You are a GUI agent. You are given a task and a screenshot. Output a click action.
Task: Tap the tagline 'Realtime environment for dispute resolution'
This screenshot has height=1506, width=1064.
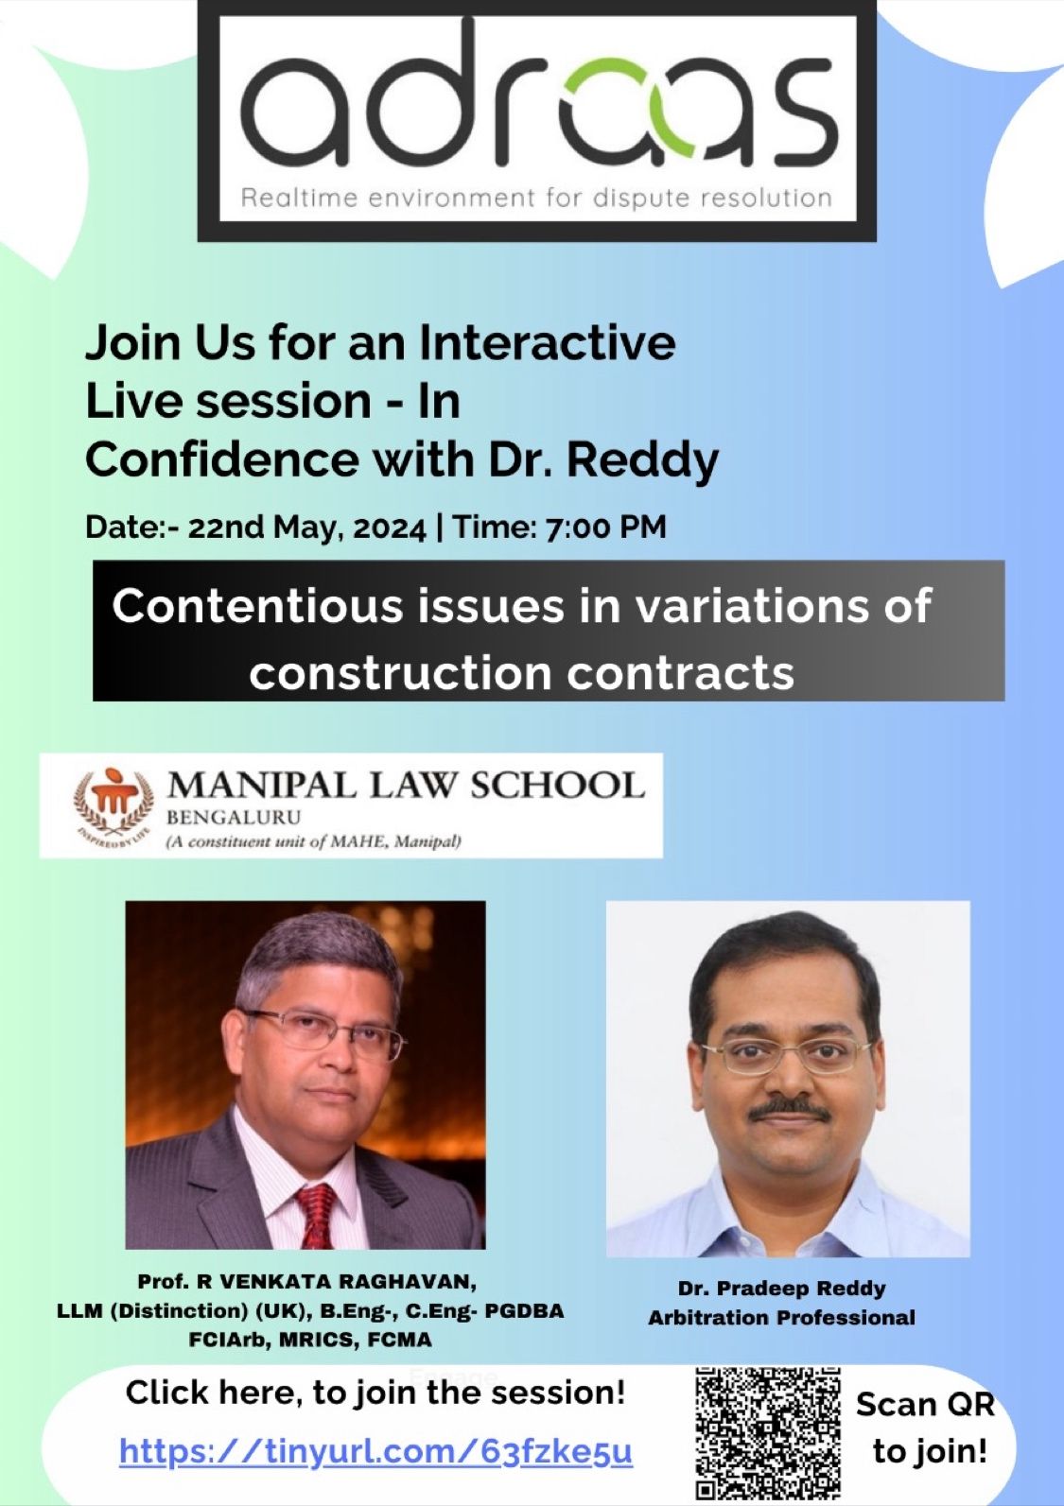point(536,199)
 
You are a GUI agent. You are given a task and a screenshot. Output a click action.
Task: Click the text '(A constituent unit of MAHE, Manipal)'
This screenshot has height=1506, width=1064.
point(313,841)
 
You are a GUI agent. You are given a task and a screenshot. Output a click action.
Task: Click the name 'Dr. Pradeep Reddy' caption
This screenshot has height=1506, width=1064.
point(781,1289)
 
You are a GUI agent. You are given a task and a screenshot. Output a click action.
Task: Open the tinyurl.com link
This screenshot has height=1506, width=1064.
point(376,1451)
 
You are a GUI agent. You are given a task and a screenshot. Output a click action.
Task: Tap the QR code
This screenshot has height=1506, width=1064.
point(768,1433)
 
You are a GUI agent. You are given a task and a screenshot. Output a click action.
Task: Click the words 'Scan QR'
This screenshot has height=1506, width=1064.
point(925,1406)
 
